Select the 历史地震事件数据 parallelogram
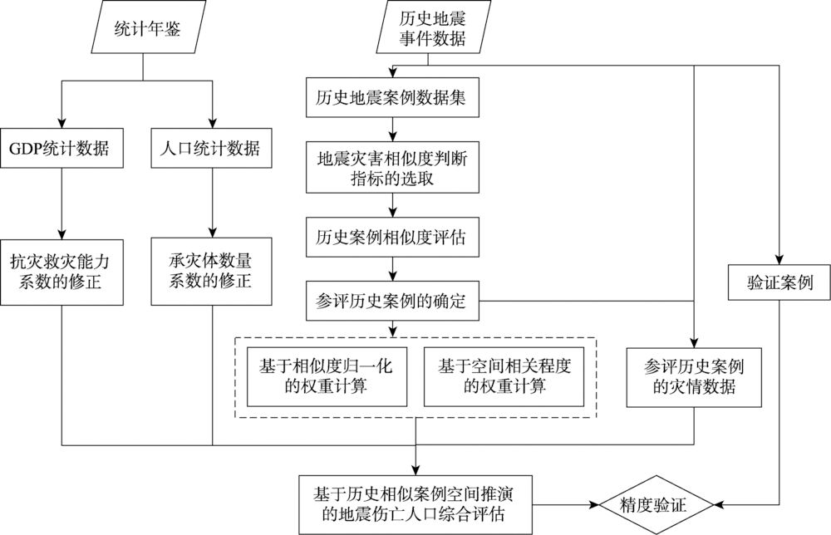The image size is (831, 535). pos(428,29)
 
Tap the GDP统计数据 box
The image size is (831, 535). pos(62,150)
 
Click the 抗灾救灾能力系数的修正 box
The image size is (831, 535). pos(62,270)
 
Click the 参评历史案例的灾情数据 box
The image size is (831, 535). pos(693,375)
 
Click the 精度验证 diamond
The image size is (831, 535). pos(656,504)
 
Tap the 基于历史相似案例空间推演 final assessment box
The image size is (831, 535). pos(415,504)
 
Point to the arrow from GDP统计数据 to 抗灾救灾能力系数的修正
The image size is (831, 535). pos(62,204)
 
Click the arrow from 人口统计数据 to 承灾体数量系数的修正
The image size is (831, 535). pos(213,204)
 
